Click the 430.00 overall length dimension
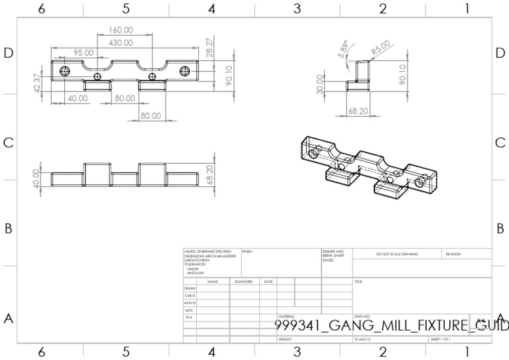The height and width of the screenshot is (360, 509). (x=120, y=42)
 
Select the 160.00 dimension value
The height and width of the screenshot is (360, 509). (x=120, y=30)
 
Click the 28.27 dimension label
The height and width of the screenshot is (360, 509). (x=211, y=48)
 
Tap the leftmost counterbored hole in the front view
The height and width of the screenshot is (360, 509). (x=64, y=70)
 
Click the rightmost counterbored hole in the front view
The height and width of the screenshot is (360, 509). (x=186, y=70)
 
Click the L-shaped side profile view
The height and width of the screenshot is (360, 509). (x=359, y=75)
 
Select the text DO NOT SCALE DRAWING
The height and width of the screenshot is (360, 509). (x=396, y=254)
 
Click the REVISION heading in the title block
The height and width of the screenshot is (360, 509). (x=453, y=254)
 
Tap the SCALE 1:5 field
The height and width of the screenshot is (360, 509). (x=363, y=339)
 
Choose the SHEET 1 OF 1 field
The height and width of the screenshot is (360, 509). (x=441, y=339)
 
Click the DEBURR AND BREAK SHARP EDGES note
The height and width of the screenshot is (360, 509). (x=333, y=255)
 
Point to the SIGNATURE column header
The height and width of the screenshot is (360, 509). (x=242, y=282)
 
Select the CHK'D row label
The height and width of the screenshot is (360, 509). (x=190, y=296)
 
